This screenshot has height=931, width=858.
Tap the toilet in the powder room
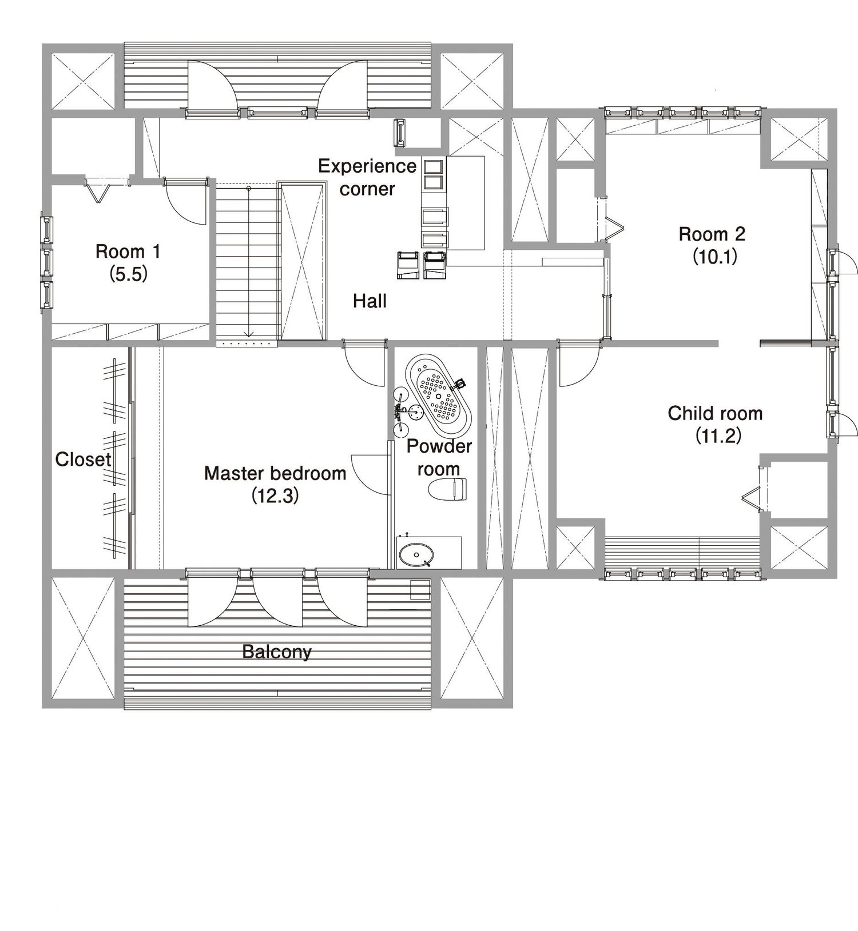pos(447,489)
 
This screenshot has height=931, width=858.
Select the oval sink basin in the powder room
pos(416,554)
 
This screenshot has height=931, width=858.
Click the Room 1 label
pos(128,251)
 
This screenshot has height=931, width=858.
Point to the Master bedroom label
pos(275,473)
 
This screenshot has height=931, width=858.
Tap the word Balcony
pos(277,652)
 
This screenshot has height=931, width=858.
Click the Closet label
pos(83,459)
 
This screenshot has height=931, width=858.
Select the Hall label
pos(370,301)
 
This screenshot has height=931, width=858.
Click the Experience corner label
pos(367,177)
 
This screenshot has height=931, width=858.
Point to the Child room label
pos(715,413)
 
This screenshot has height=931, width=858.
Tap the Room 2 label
pos(712,234)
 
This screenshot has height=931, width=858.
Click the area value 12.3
pos(275,496)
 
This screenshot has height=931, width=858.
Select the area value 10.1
pos(715,257)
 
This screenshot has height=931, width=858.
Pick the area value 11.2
pos(718,436)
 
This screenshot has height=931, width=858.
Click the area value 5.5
pos(129,274)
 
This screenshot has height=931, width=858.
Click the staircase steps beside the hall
pos(247,263)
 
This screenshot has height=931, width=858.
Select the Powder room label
pos(439,457)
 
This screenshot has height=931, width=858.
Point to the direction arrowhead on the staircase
pos(249,334)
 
